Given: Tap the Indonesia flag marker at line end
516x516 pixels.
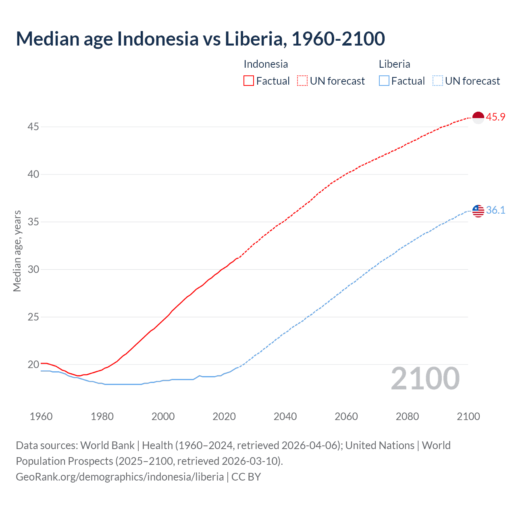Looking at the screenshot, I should point(478,117).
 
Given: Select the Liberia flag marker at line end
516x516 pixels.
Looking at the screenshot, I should point(478,210).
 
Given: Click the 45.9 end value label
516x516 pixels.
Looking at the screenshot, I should point(495,117).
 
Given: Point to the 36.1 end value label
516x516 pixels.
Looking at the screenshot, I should point(495,210).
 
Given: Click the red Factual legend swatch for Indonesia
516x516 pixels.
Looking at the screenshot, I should point(249,81).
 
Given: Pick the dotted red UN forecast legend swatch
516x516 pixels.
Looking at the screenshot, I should point(302,81).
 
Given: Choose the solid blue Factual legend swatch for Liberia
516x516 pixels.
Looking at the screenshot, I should point(384,81).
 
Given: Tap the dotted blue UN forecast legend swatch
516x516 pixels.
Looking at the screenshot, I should point(437,81).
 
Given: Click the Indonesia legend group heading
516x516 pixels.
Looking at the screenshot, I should point(266,64).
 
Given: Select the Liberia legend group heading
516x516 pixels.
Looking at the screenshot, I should point(394,64).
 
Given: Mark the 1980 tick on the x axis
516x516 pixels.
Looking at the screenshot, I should point(102,416).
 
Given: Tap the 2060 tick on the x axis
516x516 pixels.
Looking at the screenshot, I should point(346,416).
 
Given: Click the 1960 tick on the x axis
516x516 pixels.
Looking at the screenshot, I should point(41,416).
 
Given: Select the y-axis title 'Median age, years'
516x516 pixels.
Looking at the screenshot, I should point(17,251).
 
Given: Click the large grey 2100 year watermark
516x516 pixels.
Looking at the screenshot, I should point(425,379).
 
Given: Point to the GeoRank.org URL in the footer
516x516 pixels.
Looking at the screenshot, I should point(120,477).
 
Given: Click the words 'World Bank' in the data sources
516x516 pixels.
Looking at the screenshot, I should point(107,445).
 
